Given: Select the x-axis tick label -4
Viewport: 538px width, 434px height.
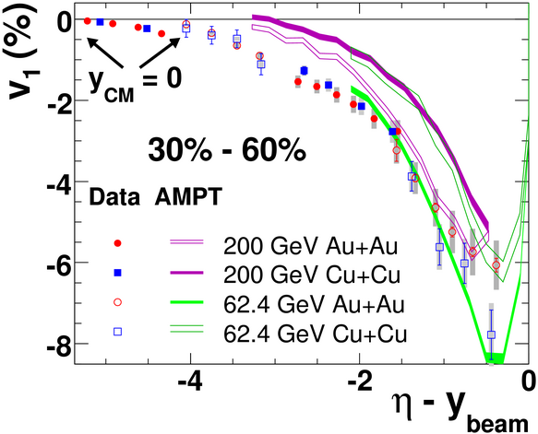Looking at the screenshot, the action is (190, 381).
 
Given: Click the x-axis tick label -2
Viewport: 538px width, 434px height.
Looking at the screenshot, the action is (360, 381).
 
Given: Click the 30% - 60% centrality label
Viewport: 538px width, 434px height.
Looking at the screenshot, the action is (227, 150).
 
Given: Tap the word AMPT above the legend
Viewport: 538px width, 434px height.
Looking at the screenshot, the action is (188, 196).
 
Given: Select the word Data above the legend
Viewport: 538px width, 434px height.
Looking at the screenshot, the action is (114, 197).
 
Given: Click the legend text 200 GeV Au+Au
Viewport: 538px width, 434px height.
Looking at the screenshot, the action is (310, 246).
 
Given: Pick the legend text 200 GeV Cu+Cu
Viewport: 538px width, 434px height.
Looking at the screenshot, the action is (312, 275).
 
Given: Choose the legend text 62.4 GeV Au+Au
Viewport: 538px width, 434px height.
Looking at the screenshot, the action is (314, 304).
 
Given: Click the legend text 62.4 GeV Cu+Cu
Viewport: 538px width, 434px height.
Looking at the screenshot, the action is (315, 334).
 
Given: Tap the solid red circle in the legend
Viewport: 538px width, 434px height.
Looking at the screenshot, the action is (118, 243).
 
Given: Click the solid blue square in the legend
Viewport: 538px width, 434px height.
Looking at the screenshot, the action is (118, 273).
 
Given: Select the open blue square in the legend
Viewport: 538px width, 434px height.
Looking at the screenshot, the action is (118, 332).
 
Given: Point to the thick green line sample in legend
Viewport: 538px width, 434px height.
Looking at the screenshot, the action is (187, 302).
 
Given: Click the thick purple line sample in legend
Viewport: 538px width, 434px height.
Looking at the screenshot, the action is (187, 273).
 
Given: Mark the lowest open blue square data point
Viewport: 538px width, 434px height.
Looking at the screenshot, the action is (491, 334).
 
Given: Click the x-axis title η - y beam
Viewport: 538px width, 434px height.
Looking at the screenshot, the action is (460, 412).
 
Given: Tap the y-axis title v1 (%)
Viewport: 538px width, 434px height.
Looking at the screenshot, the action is (21, 54).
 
